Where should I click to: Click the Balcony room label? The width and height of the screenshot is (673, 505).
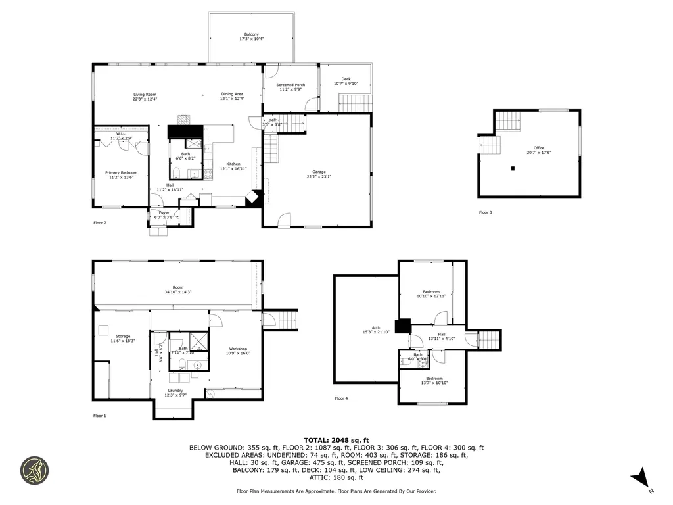point(251,34)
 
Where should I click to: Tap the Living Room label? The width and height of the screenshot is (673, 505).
point(145,95)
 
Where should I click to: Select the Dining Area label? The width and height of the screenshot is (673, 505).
point(232,95)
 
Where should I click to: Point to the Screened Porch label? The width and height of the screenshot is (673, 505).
point(290,85)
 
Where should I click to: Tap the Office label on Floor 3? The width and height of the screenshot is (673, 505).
point(539,148)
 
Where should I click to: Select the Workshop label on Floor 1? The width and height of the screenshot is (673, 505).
point(238,349)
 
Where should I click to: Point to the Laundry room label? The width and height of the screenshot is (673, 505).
point(175,390)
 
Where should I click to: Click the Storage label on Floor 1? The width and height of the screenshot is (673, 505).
point(123,336)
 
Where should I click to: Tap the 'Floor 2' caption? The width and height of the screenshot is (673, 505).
point(100,223)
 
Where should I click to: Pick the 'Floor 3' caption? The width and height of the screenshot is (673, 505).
point(485,212)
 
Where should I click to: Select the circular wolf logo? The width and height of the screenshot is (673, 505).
point(34,471)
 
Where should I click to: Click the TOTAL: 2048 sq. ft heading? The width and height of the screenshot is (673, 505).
point(336,440)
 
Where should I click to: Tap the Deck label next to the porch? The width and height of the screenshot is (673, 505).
point(346,79)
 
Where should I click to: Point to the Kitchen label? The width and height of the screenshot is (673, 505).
point(233,164)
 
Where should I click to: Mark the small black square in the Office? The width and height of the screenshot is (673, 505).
point(513,168)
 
